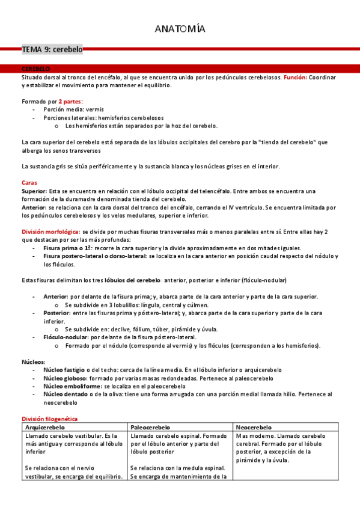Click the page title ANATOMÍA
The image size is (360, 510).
180,29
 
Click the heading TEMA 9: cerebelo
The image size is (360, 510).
52,51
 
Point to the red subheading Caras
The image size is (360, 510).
29,182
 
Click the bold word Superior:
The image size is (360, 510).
34,191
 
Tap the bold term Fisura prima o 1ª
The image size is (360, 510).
67,248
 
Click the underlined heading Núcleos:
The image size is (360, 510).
33,362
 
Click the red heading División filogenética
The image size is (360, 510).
50,418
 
